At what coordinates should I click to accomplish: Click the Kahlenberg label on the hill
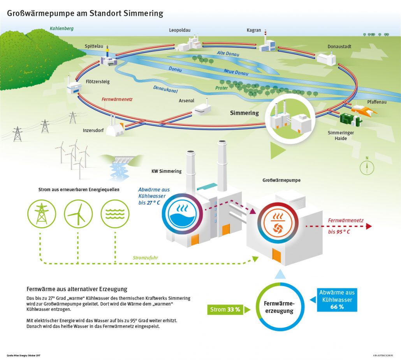62,28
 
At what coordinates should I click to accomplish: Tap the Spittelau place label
94,46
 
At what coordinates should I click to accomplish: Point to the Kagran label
254,30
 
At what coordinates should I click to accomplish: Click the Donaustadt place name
339,47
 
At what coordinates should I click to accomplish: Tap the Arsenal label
186,101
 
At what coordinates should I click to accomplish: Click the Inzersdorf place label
93,130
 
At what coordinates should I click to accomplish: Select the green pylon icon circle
41,214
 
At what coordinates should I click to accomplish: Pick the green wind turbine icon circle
78,214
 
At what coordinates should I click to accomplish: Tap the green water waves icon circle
115,214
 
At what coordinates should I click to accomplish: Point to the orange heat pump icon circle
278,221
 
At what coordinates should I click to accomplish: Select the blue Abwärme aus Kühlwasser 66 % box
337,300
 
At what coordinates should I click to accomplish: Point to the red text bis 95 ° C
339,232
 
